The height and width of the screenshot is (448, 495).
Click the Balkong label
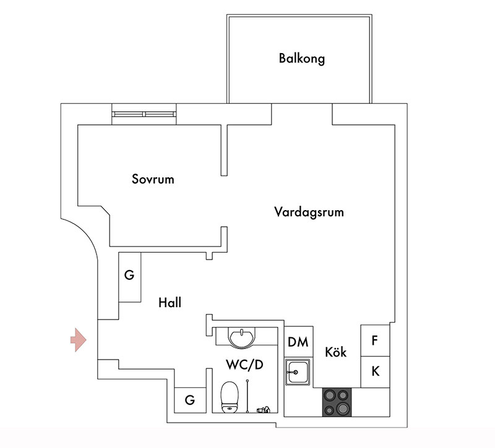(x=301, y=59)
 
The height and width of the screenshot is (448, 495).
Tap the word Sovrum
(x=153, y=179)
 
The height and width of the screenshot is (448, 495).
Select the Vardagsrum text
(x=309, y=212)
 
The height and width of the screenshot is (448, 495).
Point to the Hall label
(x=170, y=303)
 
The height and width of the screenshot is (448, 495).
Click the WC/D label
(x=244, y=365)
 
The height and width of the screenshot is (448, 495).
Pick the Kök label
(x=335, y=352)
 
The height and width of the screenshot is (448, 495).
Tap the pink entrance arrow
(x=79, y=340)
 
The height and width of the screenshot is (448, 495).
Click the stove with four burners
(x=337, y=402)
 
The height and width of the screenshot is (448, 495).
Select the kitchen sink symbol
(x=298, y=372)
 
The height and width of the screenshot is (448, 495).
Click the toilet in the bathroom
(x=229, y=397)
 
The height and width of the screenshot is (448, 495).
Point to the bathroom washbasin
(x=241, y=337)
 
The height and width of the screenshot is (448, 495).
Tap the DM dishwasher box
(x=298, y=342)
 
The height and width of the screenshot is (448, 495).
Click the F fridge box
(x=375, y=340)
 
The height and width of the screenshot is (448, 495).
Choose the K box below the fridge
(x=375, y=372)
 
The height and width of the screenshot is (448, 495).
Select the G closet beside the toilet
(x=190, y=400)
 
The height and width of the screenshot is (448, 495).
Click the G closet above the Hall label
(x=130, y=277)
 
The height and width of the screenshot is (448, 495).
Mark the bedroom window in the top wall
(x=144, y=114)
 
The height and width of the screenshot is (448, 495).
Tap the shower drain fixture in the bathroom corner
(x=264, y=410)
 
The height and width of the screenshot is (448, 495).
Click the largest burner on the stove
(x=342, y=409)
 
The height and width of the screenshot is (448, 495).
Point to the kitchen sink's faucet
(x=292, y=373)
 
